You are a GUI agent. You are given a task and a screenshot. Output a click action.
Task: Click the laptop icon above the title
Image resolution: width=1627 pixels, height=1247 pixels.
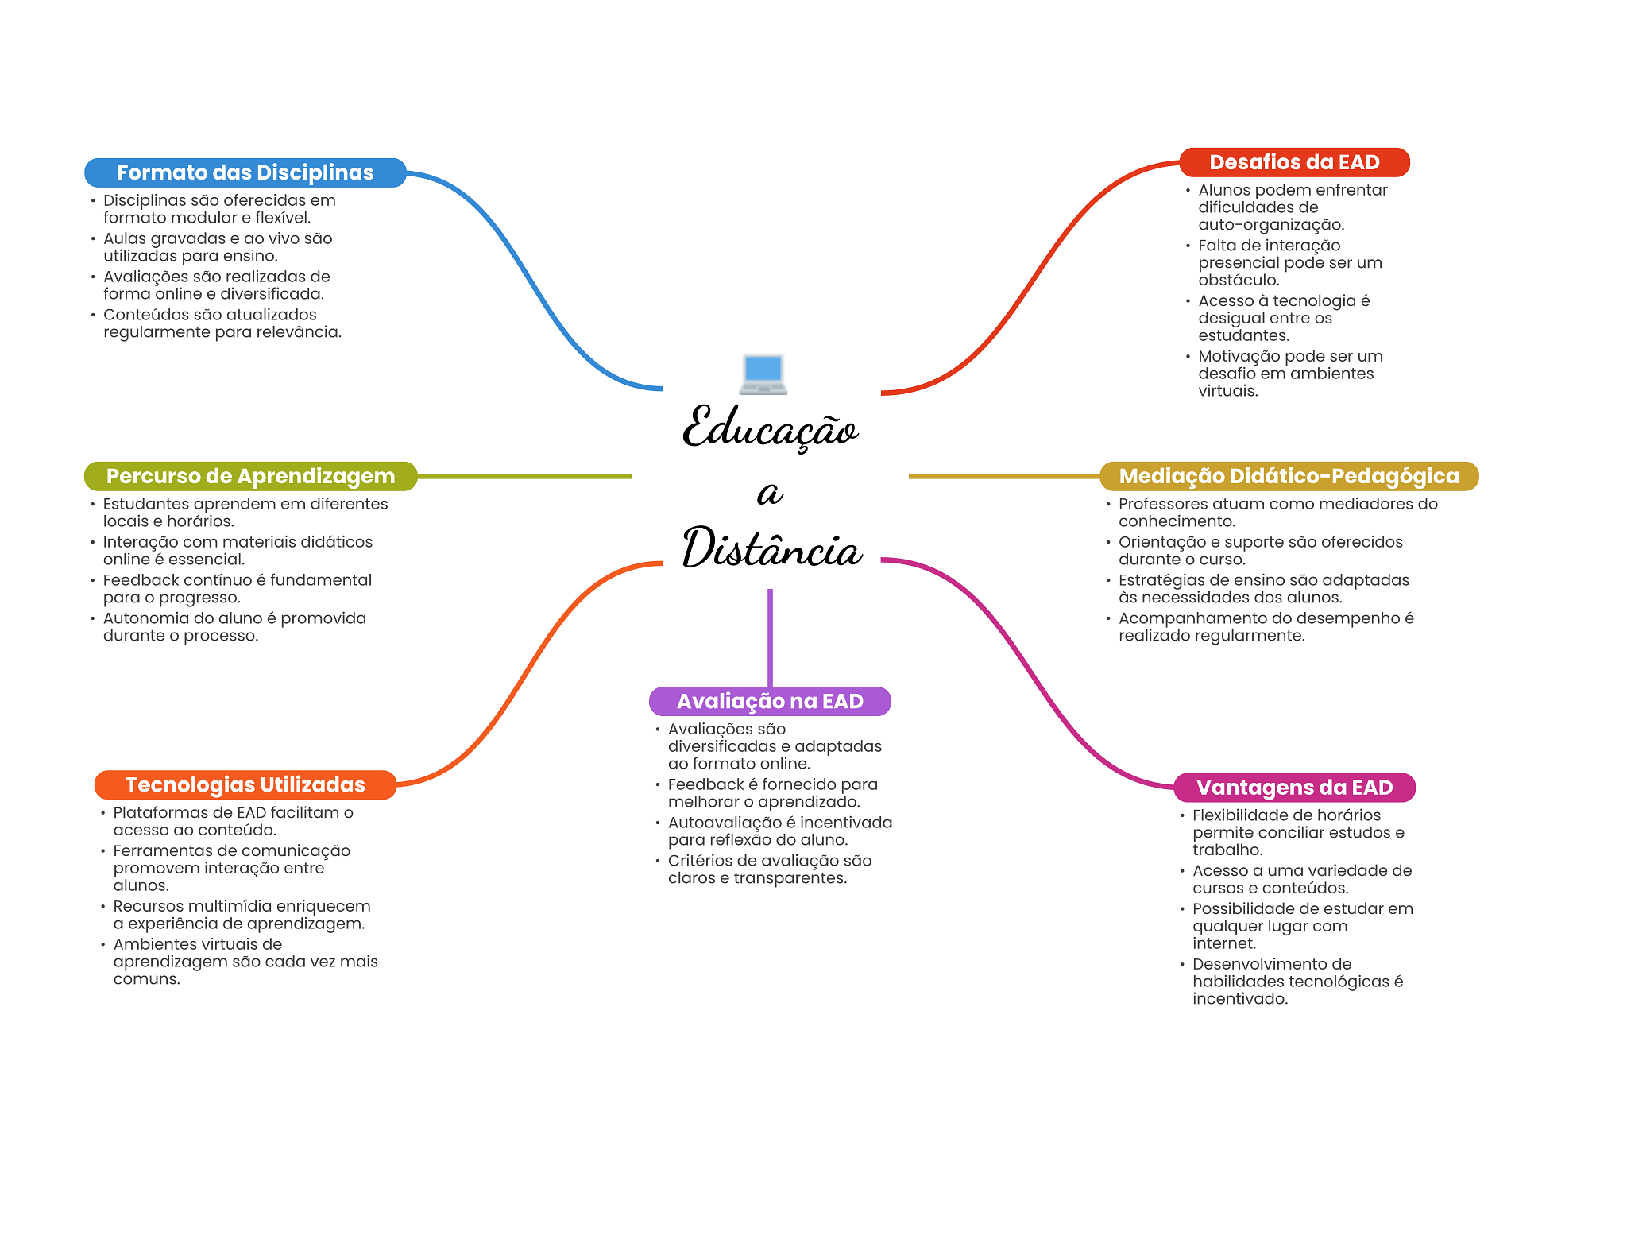pos(763,374)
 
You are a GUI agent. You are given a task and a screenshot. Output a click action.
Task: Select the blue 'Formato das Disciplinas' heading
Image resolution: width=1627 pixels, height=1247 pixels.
pos(245,172)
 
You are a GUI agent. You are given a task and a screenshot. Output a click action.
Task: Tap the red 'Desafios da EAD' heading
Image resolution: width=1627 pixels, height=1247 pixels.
pos(1294,162)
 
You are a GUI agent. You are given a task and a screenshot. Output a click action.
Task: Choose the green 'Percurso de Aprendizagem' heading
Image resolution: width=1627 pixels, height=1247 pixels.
pos(250,476)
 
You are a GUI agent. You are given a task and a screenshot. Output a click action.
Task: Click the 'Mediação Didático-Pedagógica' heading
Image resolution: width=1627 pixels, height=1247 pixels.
pos(1289,476)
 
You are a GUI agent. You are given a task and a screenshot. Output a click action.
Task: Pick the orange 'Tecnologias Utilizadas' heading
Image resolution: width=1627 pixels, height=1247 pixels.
pos(245,784)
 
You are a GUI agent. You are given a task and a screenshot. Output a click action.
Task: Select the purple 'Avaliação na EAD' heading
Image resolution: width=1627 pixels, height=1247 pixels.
pos(770,701)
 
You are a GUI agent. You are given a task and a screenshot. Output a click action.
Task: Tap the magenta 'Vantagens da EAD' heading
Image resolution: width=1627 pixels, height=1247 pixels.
pos(1294,788)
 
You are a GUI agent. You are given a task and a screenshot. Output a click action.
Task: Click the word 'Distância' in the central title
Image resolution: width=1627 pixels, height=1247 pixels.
pos(772,548)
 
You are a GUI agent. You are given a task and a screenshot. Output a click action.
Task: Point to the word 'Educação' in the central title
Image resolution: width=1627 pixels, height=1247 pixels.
pos(771,428)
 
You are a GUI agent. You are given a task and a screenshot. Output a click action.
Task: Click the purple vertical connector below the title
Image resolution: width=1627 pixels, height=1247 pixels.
pos(770,637)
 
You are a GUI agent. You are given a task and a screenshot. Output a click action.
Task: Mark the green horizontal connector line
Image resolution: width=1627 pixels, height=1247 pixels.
pos(524,476)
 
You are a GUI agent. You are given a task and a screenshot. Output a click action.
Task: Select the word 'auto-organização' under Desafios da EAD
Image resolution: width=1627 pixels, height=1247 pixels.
pos(1271,225)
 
